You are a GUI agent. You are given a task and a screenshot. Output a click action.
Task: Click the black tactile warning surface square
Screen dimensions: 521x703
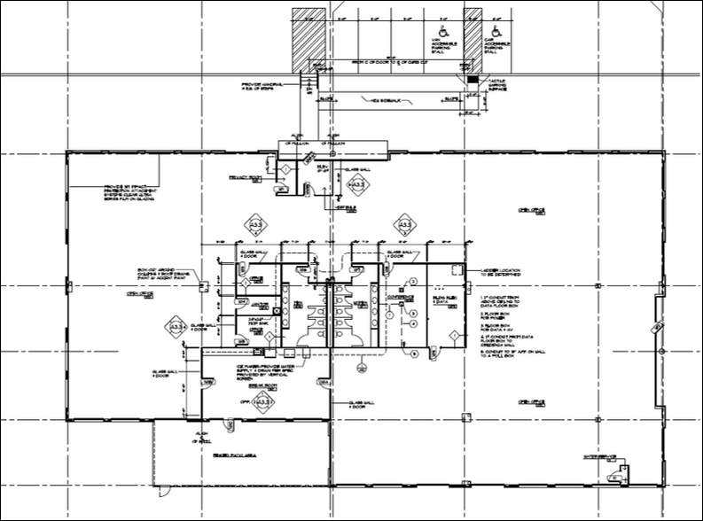click(x=472, y=80)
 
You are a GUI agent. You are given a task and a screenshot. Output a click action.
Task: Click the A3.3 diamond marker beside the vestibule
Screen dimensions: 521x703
click(x=357, y=184)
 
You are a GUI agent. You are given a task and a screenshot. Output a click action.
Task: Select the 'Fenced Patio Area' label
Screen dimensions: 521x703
click(x=232, y=455)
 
